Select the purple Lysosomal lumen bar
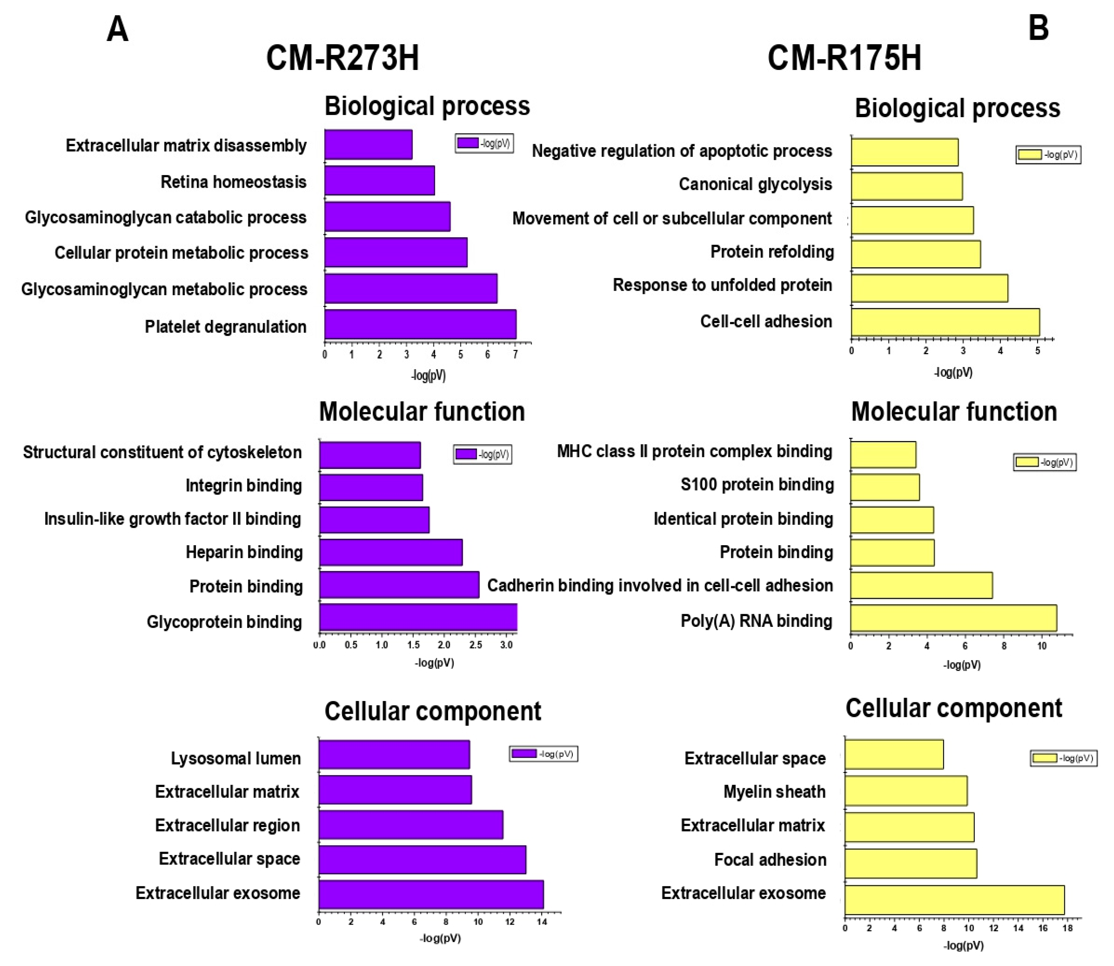click(x=394, y=754)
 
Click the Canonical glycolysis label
click(x=755, y=184)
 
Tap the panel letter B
click(x=1038, y=28)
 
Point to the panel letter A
click(x=118, y=29)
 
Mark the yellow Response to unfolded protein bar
click(x=929, y=288)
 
